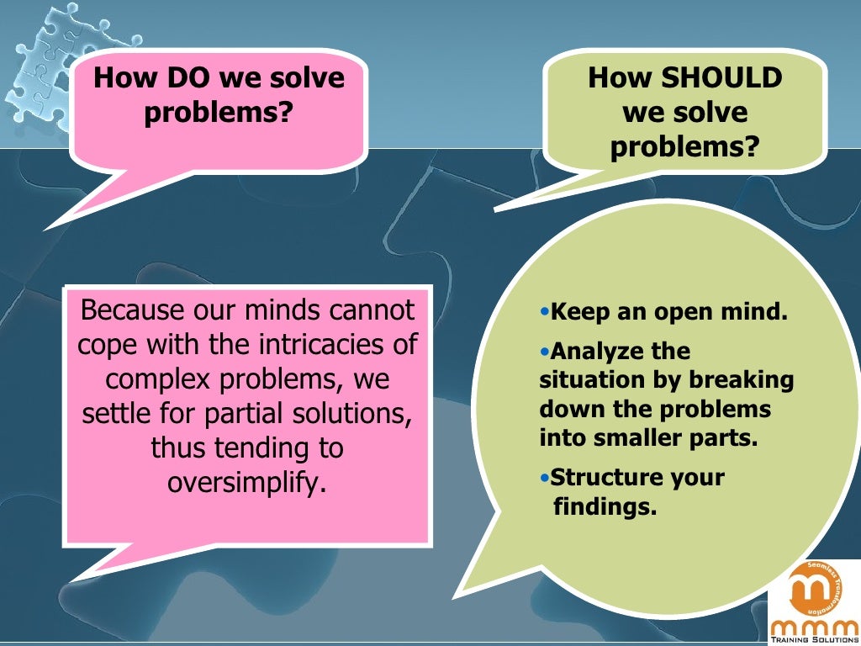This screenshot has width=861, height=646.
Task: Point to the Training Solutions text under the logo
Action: click(x=813, y=638)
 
